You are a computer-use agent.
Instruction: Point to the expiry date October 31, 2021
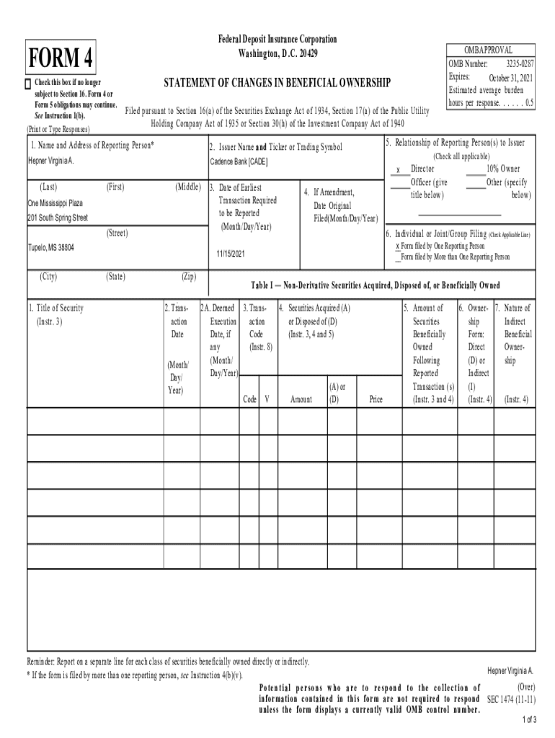[511, 78]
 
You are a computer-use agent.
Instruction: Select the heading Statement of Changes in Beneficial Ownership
[277, 84]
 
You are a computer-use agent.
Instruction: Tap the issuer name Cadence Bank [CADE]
[239, 162]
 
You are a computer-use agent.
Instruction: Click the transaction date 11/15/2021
[231, 254]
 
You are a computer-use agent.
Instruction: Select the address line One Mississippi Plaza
[55, 203]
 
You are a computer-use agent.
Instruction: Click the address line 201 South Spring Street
[58, 217]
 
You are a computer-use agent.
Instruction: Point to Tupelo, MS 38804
[50, 247]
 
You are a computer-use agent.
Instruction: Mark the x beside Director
[398, 170]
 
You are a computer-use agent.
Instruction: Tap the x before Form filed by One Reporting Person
[397, 246]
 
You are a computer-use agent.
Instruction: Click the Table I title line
[375, 285]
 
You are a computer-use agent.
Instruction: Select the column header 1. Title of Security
[56, 308]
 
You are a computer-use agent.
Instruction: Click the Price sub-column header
[376, 399]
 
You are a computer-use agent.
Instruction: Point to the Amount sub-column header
[301, 399]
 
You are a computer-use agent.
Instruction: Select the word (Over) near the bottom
[521, 687]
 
